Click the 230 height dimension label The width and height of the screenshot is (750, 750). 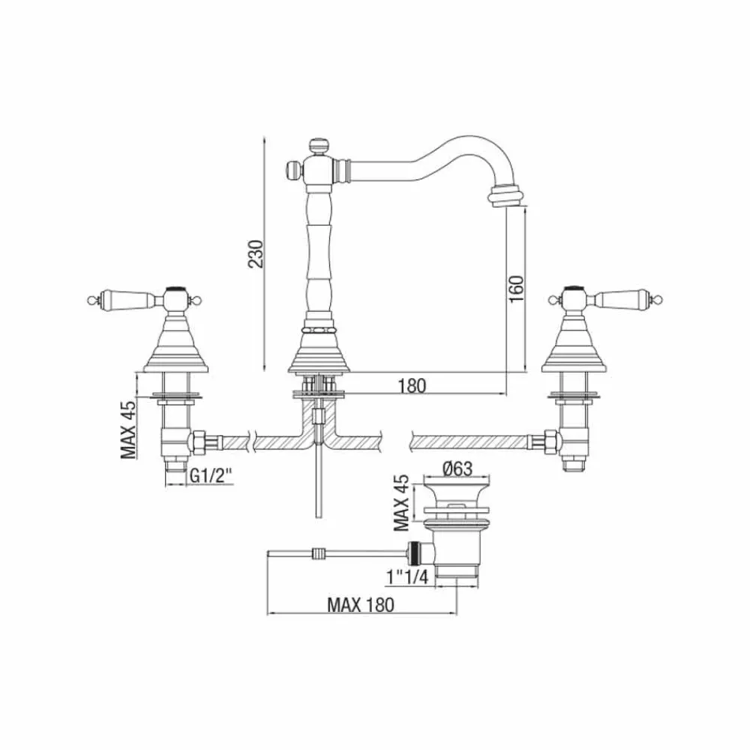(x=256, y=253)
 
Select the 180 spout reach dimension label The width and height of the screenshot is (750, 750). (x=412, y=385)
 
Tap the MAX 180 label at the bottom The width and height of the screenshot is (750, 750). (x=361, y=604)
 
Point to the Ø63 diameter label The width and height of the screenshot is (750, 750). (x=457, y=468)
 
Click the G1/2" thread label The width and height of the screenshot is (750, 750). (x=211, y=475)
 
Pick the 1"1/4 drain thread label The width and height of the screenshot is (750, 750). (x=406, y=577)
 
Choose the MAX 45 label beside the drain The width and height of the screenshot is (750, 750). (x=401, y=502)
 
